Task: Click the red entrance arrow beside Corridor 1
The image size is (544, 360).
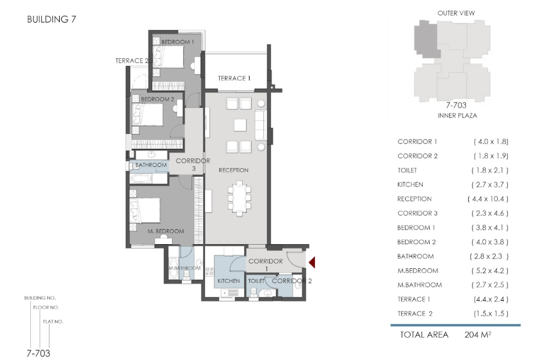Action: point(312,262)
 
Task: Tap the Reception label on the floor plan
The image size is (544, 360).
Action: point(234,170)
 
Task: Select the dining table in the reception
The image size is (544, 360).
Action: point(239,198)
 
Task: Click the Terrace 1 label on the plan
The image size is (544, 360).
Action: point(234,78)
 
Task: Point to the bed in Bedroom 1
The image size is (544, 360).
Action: point(168,57)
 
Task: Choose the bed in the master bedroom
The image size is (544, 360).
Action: point(145,211)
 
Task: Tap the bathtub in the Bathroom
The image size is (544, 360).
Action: point(141,179)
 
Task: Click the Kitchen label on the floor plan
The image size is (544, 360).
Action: point(229,281)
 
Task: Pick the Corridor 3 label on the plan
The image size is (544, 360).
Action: point(193,165)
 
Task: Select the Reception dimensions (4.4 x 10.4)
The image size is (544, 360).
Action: point(488,199)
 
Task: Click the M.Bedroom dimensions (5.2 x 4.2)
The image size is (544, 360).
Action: point(489,271)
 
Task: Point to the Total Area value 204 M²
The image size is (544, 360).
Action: point(478,335)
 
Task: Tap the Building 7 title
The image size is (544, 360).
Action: point(51,20)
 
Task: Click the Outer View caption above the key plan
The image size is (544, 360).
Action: point(456,13)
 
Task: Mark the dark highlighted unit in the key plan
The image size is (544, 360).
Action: point(426,39)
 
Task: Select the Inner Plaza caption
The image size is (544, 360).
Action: point(457,115)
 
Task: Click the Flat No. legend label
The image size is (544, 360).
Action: point(53,322)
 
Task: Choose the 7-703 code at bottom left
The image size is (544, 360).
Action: point(39,353)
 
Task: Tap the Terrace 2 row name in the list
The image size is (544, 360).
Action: point(415,314)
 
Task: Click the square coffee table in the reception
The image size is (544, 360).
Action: point(240,125)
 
